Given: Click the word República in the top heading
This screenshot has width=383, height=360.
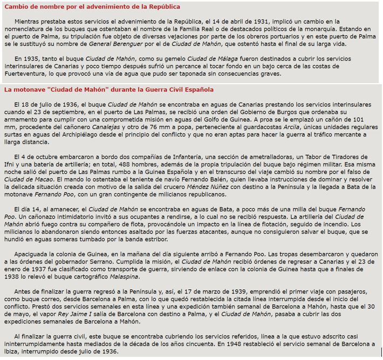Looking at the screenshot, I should coord(161,6).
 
